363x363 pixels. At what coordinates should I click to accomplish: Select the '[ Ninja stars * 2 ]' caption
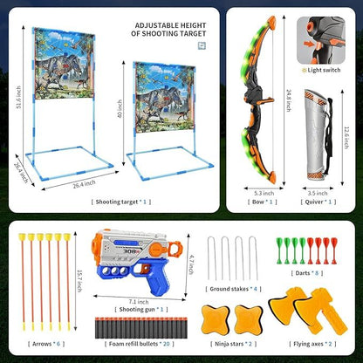point(231,344)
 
